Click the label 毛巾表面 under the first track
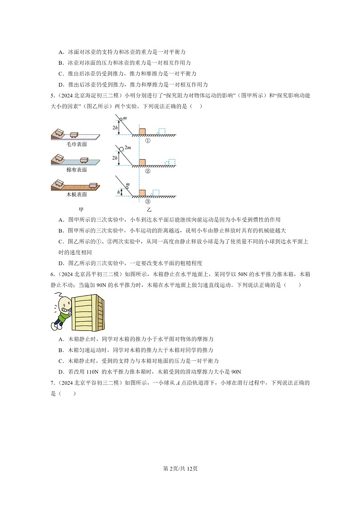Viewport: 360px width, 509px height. (x=77, y=144)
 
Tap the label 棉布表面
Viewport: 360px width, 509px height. (x=77, y=170)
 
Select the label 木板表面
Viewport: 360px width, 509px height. (x=77, y=194)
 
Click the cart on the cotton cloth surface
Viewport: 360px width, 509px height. (x=83, y=159)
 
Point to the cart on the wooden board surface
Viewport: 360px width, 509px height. (x=93, y=184)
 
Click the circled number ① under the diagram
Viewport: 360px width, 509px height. (x=147, y=141)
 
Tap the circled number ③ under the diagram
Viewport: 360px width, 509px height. (x=147, y=202)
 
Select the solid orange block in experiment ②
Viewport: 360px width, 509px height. (x=142, y=162)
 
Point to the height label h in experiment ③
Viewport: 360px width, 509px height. (x=118, y=192)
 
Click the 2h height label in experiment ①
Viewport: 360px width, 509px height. (x=115, y=128)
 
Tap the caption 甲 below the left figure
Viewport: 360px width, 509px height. (x=82, y=209)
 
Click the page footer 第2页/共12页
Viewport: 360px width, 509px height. (x=180, y=469)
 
